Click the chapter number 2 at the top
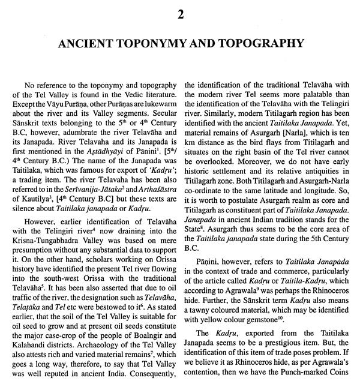tap(179, 10)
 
